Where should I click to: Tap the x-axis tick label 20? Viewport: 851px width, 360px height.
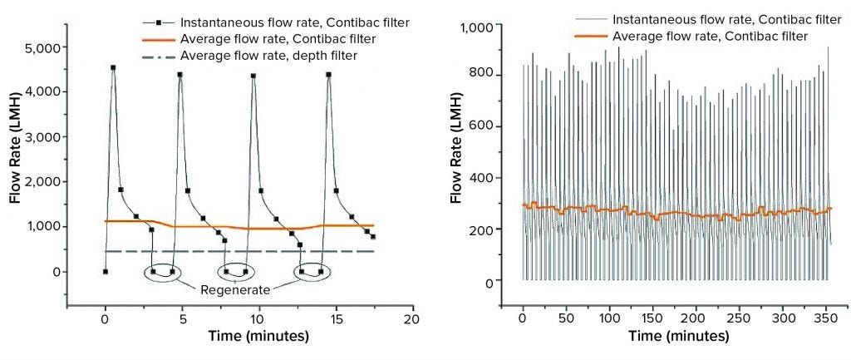point(411,318)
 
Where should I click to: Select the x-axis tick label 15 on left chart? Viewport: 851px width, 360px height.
point(334,318)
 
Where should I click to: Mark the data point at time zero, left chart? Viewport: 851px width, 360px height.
point(105,271)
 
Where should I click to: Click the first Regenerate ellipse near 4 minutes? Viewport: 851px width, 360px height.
point(162,272)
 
